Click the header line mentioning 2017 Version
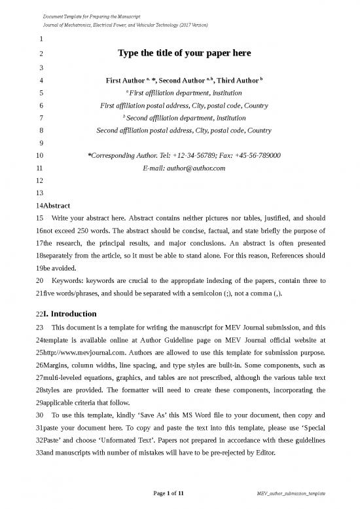point(125,24)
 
